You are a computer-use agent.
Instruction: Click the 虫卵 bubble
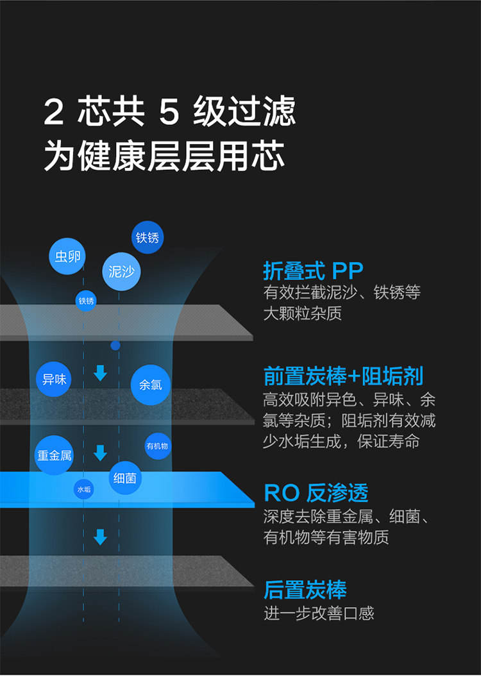(x=68, y=256)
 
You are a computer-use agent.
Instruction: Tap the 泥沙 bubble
(x=121, y=271)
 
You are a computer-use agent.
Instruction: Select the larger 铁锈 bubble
(x=148, y=238)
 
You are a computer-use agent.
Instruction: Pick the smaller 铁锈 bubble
(x=86, y=301)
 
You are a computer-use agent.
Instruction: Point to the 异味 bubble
(x=54, y=379)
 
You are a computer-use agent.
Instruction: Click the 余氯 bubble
(x=151, y=385)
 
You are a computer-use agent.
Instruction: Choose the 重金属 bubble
(x=54, y=455)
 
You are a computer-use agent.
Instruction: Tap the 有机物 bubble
(x=157, y=446)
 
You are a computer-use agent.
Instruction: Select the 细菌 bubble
(x=125, y=478)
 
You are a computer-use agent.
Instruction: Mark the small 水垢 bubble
(x=84, y=489)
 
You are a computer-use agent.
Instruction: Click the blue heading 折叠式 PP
(x=313, y=271)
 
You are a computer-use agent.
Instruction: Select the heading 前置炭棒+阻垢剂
(x=343, y=376)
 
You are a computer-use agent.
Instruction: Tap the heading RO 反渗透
(x=316, y=492)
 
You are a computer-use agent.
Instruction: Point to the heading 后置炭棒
(x=305, y=590)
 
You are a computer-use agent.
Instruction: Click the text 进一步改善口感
(x=319, y=614)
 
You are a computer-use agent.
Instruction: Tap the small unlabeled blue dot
(x=115, y=346)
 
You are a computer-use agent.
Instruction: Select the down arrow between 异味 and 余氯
(x=100, y=373)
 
